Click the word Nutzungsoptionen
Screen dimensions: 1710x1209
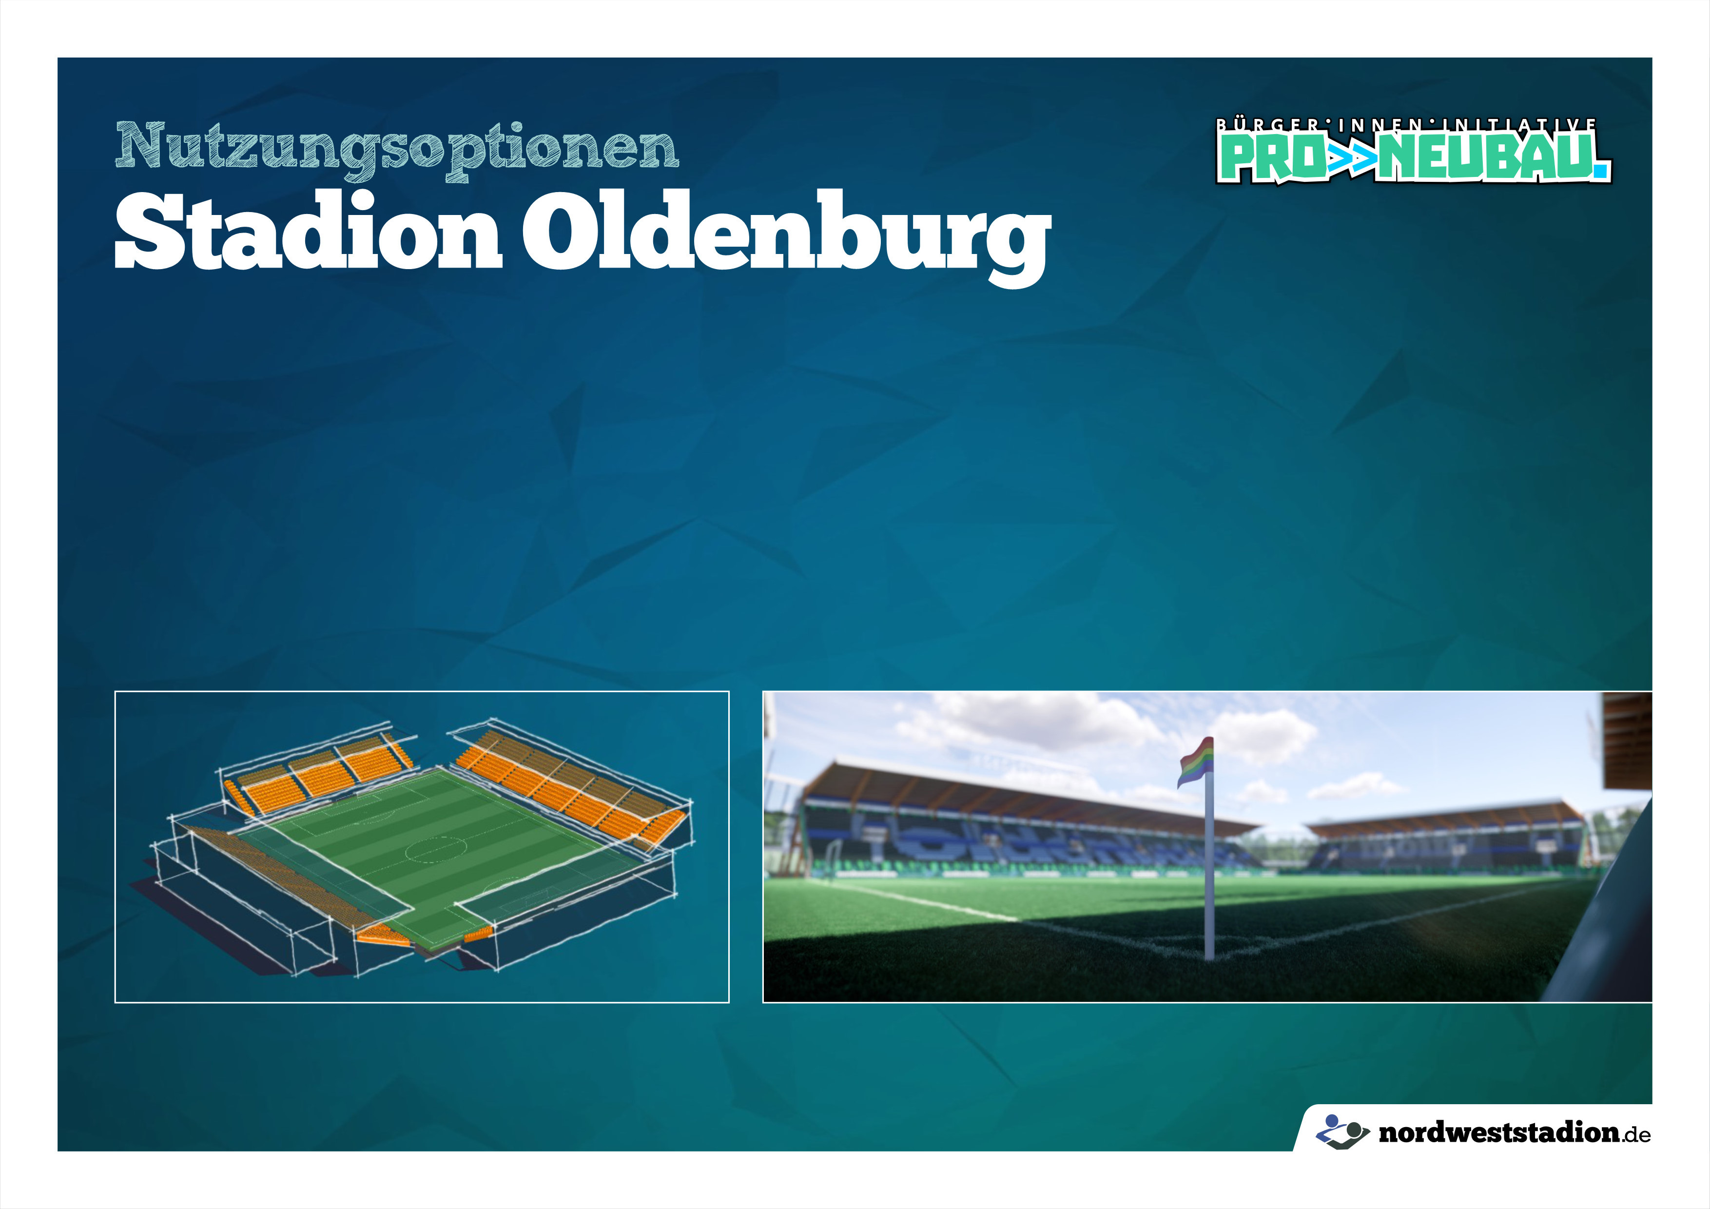tap(397, 150)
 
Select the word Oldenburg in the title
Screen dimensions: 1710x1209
tap(786, 237)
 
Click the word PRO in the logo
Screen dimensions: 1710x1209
tap(1271, 158)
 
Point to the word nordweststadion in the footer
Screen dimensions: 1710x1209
tap(1498, 1133)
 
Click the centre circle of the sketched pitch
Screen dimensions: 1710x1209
tap(436, 848)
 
